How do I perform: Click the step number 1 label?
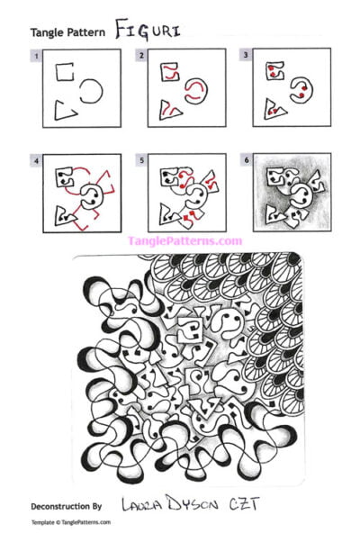(35, 56)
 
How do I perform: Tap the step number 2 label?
(141, 56)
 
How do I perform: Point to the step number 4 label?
(35, 162)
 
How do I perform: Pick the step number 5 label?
(141, 162)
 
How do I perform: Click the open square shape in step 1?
(62, 73)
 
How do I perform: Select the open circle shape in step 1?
(90, 90)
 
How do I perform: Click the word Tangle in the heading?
(49, 32)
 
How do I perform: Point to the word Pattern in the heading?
(88, 32)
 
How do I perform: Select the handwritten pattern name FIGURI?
(148, 29)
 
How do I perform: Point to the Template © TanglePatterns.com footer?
(70, 521)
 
